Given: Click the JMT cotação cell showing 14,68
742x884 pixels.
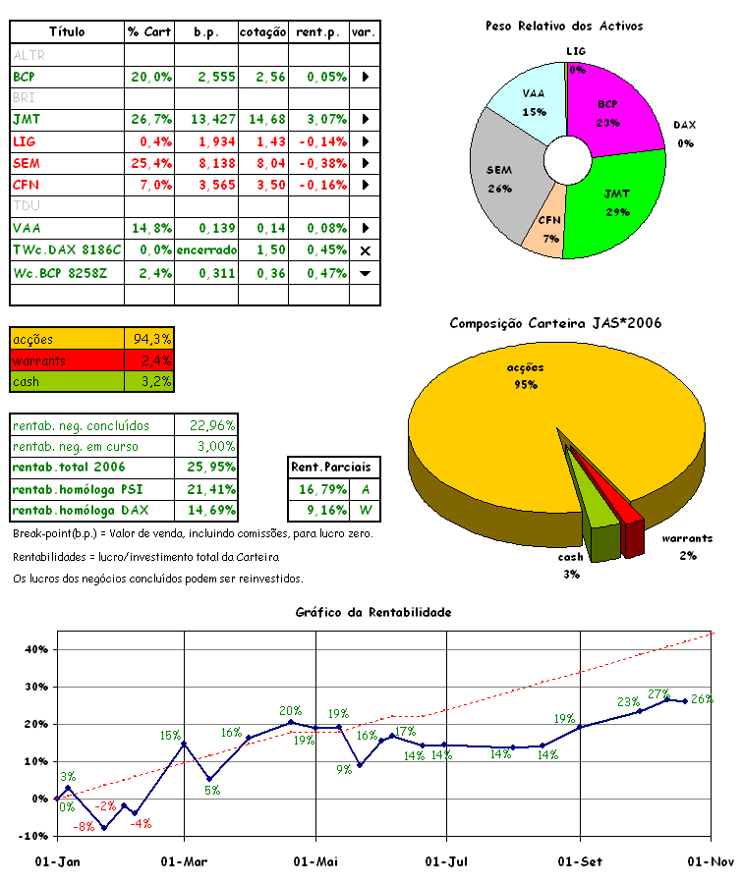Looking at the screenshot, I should coord(263,119).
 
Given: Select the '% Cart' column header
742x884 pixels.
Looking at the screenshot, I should coord(149,32).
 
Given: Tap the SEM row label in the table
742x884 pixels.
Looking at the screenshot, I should coord(27,163).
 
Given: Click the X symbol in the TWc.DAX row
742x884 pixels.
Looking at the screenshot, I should coord(365,250).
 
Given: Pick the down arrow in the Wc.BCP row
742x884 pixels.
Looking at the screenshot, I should coord(365,272).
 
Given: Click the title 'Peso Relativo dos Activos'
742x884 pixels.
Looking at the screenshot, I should coord(564,26).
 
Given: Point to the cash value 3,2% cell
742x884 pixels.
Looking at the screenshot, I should coord(150,382).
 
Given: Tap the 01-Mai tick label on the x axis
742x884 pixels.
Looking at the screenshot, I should coord(315,861).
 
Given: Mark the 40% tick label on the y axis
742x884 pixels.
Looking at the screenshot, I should coord(35,649).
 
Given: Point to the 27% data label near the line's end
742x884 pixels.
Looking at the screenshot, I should coord(657,693).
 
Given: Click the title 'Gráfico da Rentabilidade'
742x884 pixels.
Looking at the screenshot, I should coord(373,612).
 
